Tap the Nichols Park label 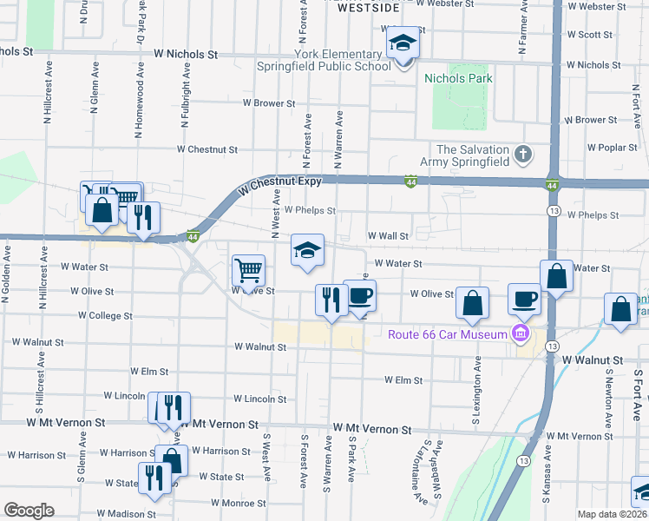tap(458, 78)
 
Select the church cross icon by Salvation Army tap(521, 155)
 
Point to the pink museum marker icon tap(521, 333)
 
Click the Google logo tap(29, 511)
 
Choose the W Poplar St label tap(612, 148)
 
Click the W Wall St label tap(388, 235)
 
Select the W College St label tap(105, 316)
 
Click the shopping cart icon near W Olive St tap(248, 271)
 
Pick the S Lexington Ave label tap(476, 383)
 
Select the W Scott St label tap(595, 35)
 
